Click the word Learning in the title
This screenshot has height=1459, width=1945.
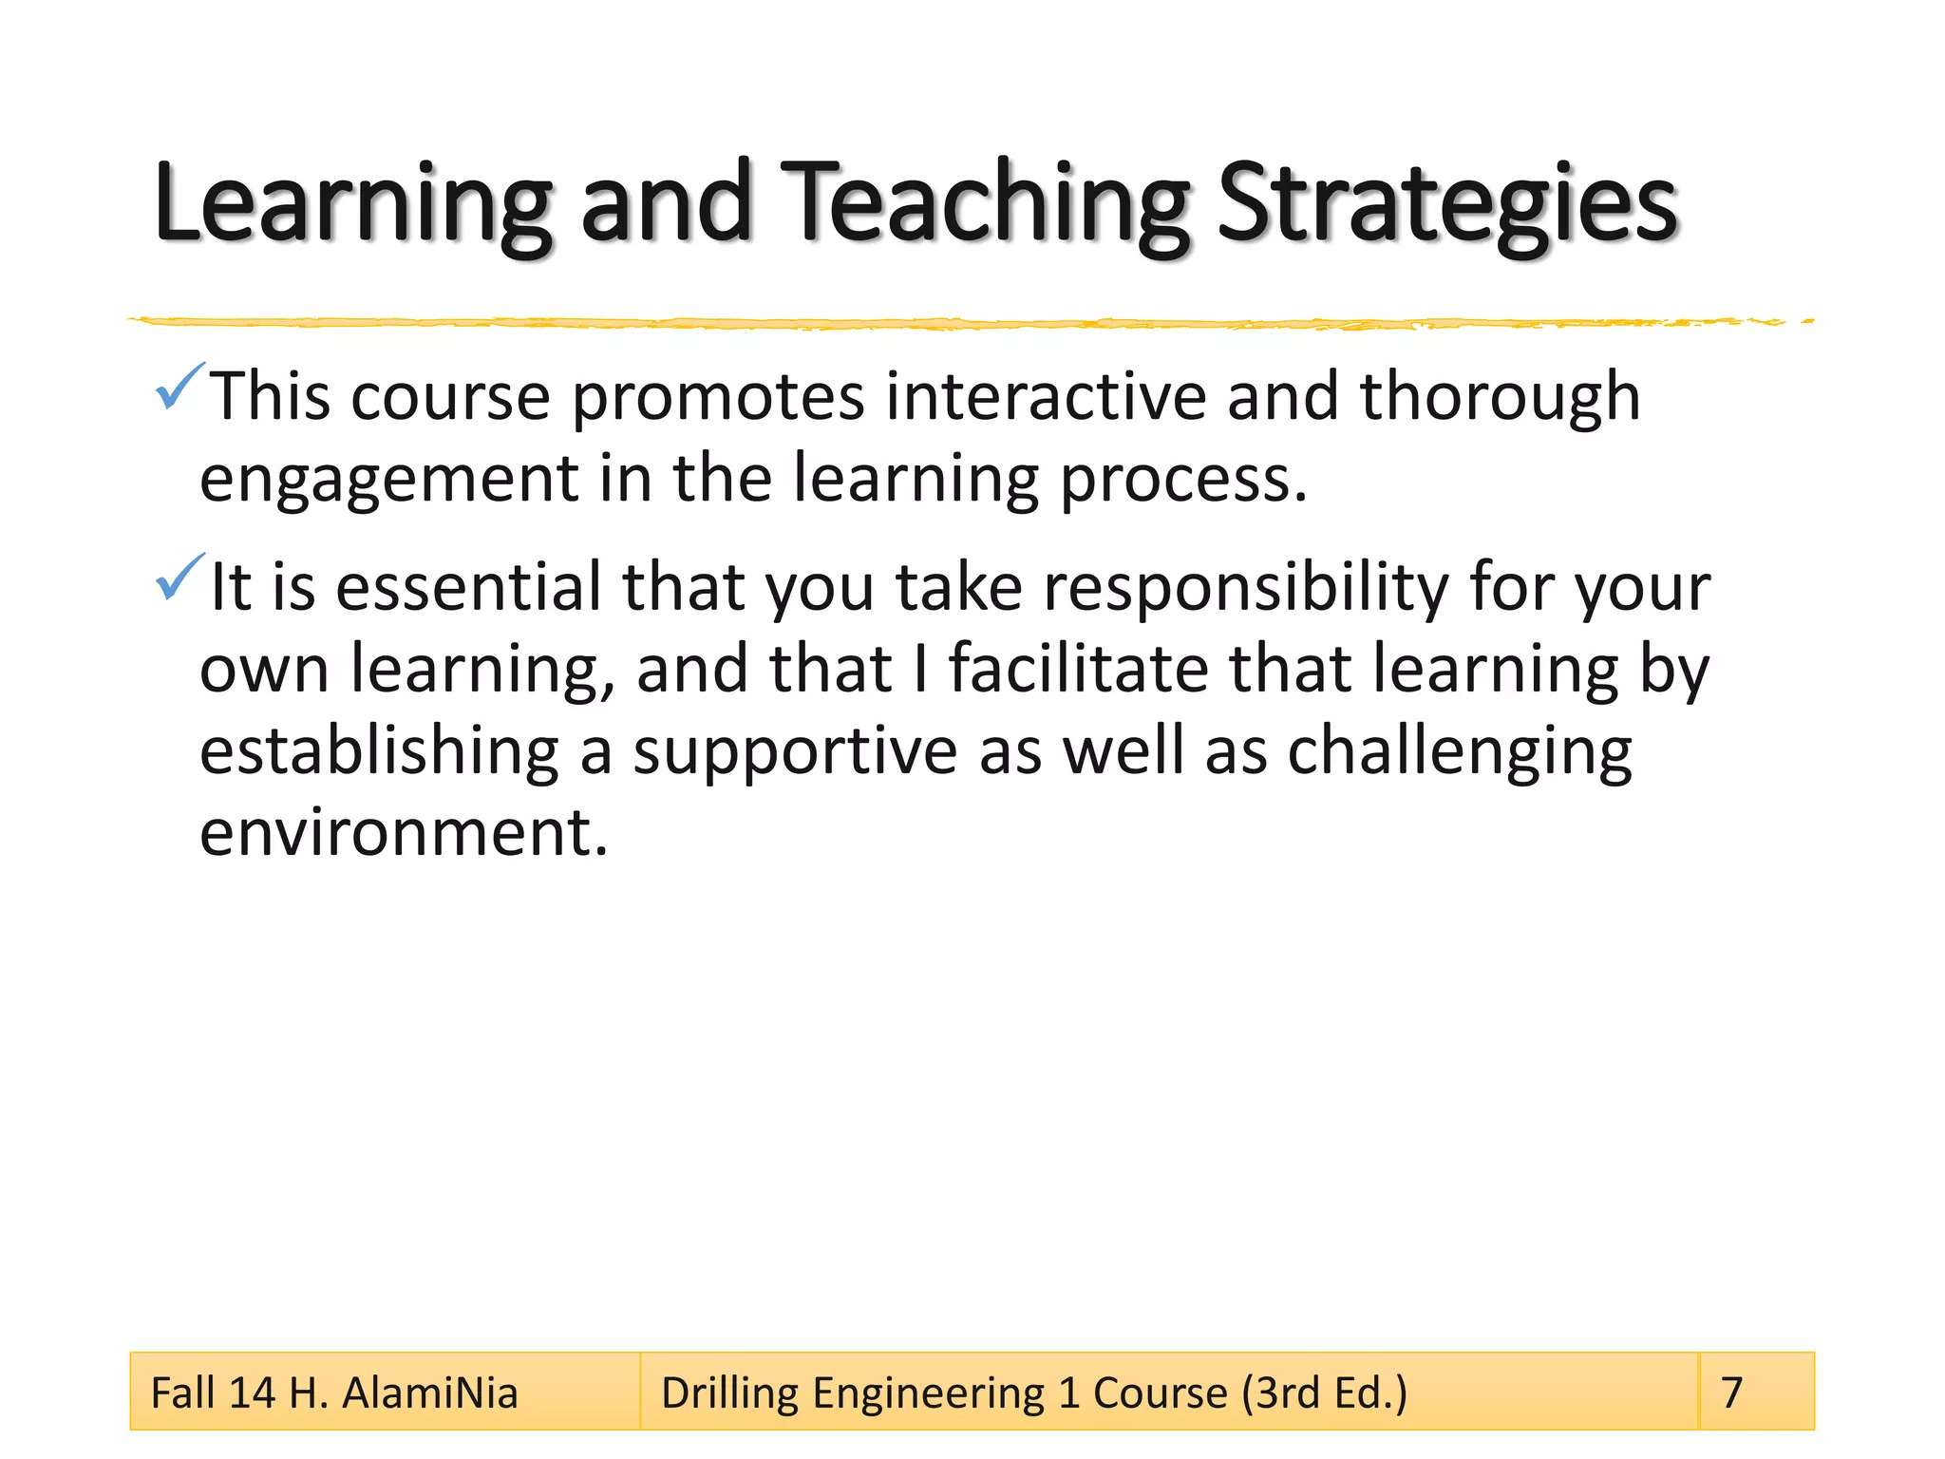[x=351, y=204]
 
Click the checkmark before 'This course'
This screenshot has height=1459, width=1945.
[x=179, y=387]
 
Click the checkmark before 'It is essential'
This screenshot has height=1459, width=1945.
[x=179, y=577]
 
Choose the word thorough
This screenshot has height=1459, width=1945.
[x=1500, y=396]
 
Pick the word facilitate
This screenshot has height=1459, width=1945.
[x=1078, y=669]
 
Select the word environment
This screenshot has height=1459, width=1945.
[x=403, y=832]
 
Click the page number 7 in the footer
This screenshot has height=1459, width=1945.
[x=1731, y=1393]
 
